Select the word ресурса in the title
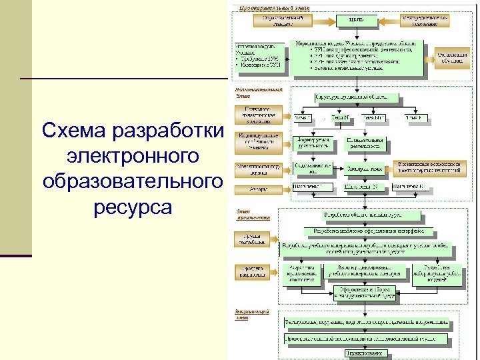pyautogui.click(x=133, y=207)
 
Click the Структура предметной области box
pyautogui.click(x=361, y=97)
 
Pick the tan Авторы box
pyautogui.click(x=259, y=189)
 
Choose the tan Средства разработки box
pyautogui.click(x=253, y=272)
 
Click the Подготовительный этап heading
pyautogui.click(x=257, y=91)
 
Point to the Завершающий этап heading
pyautogui.click(x=252, y=314)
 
